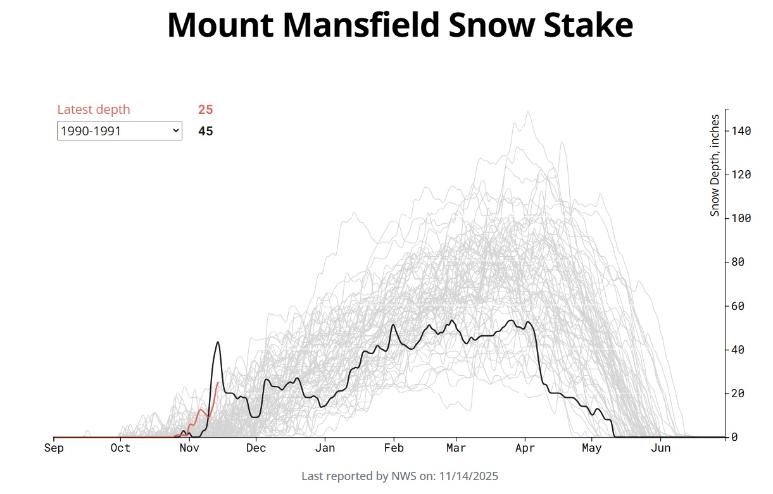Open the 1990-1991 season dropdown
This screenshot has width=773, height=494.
pyautogui.click(x=119, y=131)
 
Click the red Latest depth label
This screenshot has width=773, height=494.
pyautogui.click(x=93, y=109)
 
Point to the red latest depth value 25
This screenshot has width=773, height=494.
pyautogui.click(x=205, y=109)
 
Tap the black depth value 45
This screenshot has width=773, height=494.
pyautogui.click(x=205, y=132)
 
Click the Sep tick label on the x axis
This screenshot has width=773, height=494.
pyautogui.click(x=54, y=448)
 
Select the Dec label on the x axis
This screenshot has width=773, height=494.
pyautogui.click(x=256, y=448)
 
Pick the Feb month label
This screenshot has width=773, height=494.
pyautogui.click(x=394, y=448)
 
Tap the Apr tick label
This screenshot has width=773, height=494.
pyautogui.click(x=525, y=448)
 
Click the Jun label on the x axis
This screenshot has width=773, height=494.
pyautogui.click(x=661, y=448)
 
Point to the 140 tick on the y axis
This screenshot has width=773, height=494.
pyautogui.click(x=742, y=131)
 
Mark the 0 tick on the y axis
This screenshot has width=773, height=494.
pyautogui.click(x=734, y=437)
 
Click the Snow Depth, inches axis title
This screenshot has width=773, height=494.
pyautogui.click(x=715, y=165)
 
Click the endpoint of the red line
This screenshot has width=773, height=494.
pyautogui.click(x=218, y=383)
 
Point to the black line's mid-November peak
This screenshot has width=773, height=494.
pyautogui.click(x=218, y=342)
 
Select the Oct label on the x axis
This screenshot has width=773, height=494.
pyautogui.click(x=120, y=448)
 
